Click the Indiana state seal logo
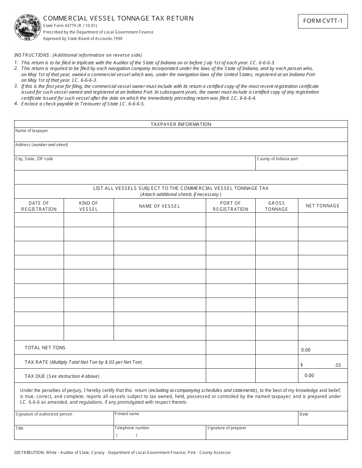click(27, 27)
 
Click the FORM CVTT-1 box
click(323, 21)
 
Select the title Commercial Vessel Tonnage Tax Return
click(119, 18)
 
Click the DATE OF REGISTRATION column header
click(39, 206)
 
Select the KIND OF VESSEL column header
click(88, 206)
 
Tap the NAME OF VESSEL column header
click(159, 206)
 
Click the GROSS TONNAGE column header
click(276, 206)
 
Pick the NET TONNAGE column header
click(322, 206)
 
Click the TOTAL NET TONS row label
click(45, 347)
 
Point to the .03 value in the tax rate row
click(337, 365)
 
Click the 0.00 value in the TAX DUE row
click(309, 376)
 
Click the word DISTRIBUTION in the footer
click(29, 452)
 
